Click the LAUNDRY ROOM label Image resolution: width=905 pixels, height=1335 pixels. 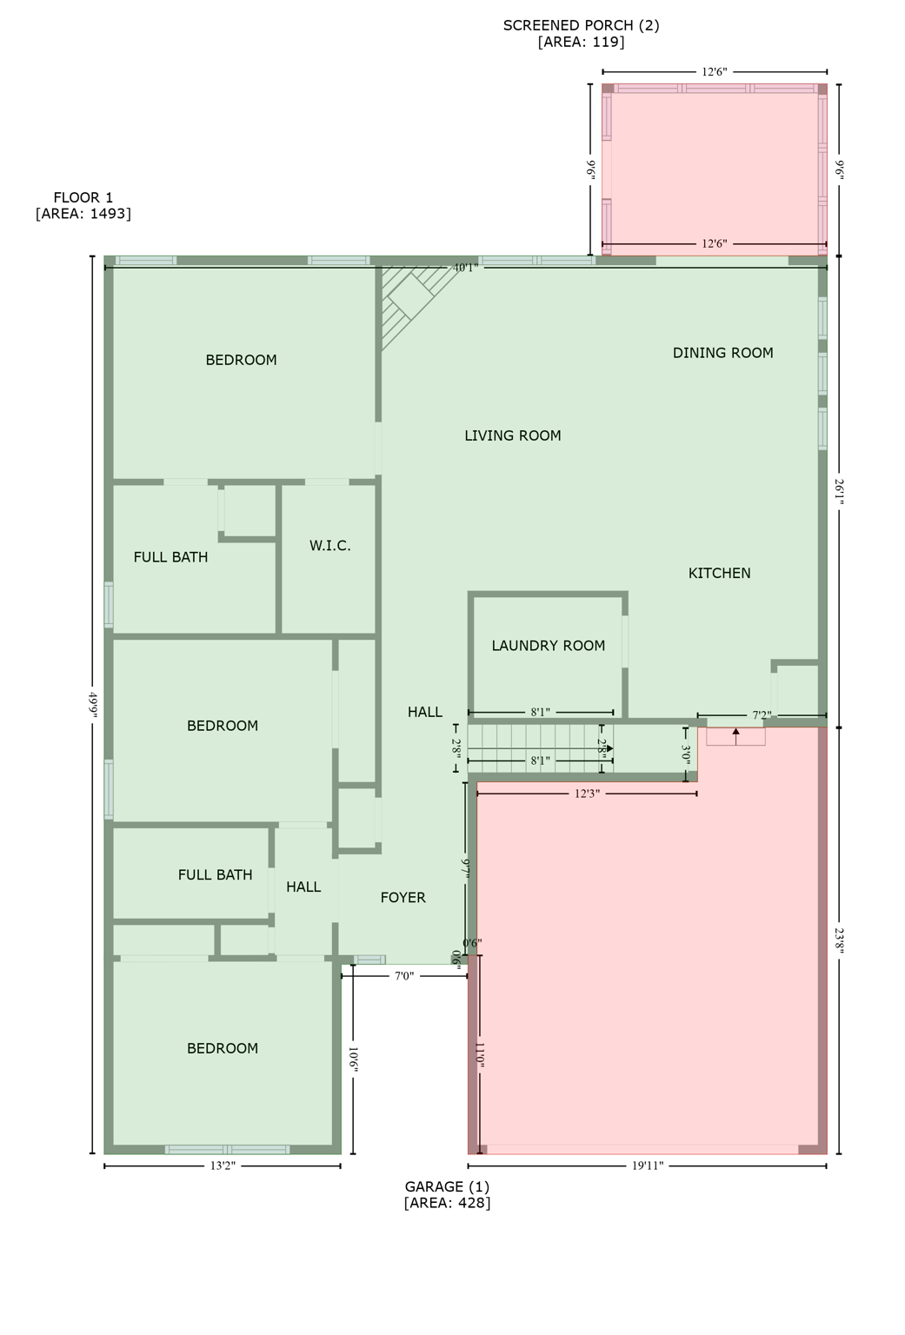click(x=548, y=646)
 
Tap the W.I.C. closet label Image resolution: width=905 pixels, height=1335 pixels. click(x=329, y=546)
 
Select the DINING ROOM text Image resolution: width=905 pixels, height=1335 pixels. click(x=722, y=353)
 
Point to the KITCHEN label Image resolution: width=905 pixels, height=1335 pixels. click(x=719, y=574)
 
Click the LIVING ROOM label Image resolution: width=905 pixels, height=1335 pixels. click(x=512, y=436)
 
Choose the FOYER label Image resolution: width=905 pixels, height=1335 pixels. click(x=403, y=898)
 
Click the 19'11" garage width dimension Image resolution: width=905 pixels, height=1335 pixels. click(x=647, y=1166)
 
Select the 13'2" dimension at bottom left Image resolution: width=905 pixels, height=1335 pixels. click(x=222, y=1166)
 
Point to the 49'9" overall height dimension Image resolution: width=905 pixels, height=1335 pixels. click(x=92, y=704)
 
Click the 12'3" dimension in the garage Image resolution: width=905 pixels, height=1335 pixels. click(x=586, y=794)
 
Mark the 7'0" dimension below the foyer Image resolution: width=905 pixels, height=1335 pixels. click(x=403, y=976)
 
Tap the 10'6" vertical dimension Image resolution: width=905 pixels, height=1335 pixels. click(x=353, y=1062)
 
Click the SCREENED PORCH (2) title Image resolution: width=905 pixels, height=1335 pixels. click(x=581, y=25)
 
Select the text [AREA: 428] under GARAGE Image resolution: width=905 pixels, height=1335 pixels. click(x=447, y=1203)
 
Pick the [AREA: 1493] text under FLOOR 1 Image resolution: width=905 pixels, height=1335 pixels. click(x=83, y=214)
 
